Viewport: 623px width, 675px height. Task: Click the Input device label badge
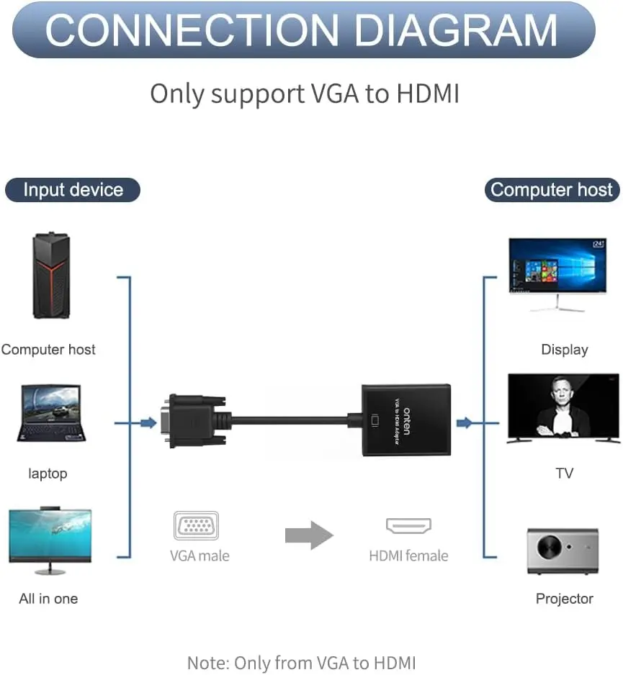73,190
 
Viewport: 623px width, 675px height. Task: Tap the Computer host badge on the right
551,190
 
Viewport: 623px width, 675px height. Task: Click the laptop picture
51,414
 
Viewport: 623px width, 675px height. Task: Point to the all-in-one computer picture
50,540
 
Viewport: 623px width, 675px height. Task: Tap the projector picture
563,551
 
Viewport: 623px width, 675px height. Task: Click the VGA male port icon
196,525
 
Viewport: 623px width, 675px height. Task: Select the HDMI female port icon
408,526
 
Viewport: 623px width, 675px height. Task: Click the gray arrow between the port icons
309,534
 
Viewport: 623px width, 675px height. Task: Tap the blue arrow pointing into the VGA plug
148,422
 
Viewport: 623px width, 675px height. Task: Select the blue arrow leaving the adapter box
465,422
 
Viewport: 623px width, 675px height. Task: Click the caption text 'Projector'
564,599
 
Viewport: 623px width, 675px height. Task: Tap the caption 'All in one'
48,599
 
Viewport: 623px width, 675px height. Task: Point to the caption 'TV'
564,474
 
